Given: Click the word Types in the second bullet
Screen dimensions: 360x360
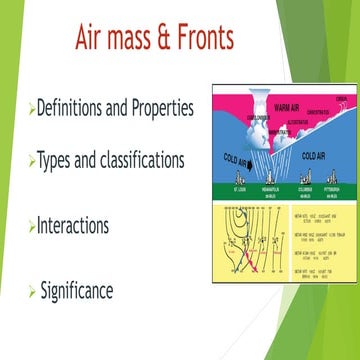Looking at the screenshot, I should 56,159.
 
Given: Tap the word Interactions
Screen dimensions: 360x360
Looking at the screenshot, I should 76,227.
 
